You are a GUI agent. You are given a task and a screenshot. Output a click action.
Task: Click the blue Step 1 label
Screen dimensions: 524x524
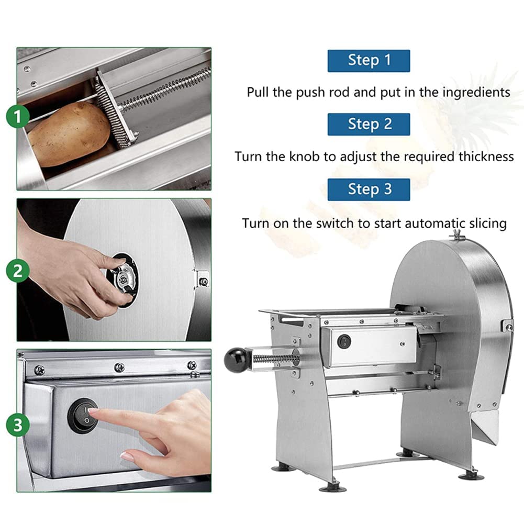[x=369, y=61]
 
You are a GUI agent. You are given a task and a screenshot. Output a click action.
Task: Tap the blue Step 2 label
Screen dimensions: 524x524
[x=369, y=124]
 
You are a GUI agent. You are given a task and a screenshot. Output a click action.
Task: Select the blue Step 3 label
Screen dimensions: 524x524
[x=369, y=189]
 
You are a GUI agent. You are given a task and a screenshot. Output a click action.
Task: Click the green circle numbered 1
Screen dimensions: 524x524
[x=18, y=117]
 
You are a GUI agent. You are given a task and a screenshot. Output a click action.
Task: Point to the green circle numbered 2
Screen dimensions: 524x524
[x=18, y=271]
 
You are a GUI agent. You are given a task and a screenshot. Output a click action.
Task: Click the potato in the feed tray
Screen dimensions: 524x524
[x=69, y=134]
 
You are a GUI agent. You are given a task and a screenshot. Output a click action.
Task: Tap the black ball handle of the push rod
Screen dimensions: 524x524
[x=235, y=360]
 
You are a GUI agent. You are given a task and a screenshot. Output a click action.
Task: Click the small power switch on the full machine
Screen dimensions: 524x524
[x=344, y=341]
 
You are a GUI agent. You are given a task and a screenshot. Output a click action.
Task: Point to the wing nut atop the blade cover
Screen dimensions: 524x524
[x=455, y=235]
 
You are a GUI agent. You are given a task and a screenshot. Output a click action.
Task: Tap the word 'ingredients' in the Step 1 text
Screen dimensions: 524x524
[x=476, y=93]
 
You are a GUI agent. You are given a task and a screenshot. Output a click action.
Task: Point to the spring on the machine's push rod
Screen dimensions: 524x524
[x=275, y=359]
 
